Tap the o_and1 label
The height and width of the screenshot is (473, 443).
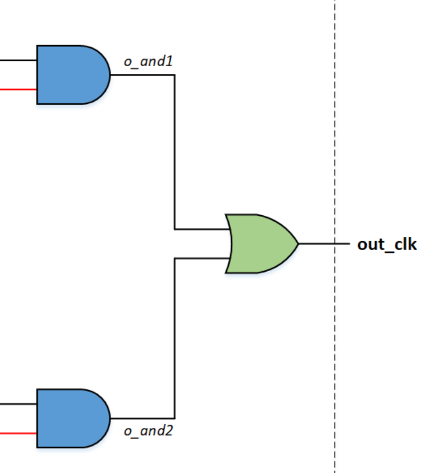(x=148, y=62)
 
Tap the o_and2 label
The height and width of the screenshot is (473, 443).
(x=148, y=431)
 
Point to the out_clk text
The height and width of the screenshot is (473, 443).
(x=386, y=244)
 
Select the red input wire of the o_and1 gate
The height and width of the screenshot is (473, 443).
(x=18, y=90)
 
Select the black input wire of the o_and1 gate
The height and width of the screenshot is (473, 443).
(x=18, y=61)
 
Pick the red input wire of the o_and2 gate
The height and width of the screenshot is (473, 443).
(x=18, y=433)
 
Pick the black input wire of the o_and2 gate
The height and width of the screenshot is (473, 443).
(x=18, y=404)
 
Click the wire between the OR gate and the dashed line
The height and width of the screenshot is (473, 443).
(x=316, y=244)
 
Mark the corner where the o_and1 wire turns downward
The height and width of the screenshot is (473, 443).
(x=174, y=75)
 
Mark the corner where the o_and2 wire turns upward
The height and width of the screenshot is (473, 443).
(x=174, y=418)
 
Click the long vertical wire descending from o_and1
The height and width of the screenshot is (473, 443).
(x=174, y=150)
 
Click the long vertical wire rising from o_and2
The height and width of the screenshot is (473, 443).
(x=174, y=337)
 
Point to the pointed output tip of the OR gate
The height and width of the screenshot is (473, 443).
(x=298, y=244)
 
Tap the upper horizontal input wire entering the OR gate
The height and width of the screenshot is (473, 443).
(x=201, y=229)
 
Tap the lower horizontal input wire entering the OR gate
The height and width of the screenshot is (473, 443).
(x=201, y=258)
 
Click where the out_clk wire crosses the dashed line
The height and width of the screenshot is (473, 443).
(x=335, y=244)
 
